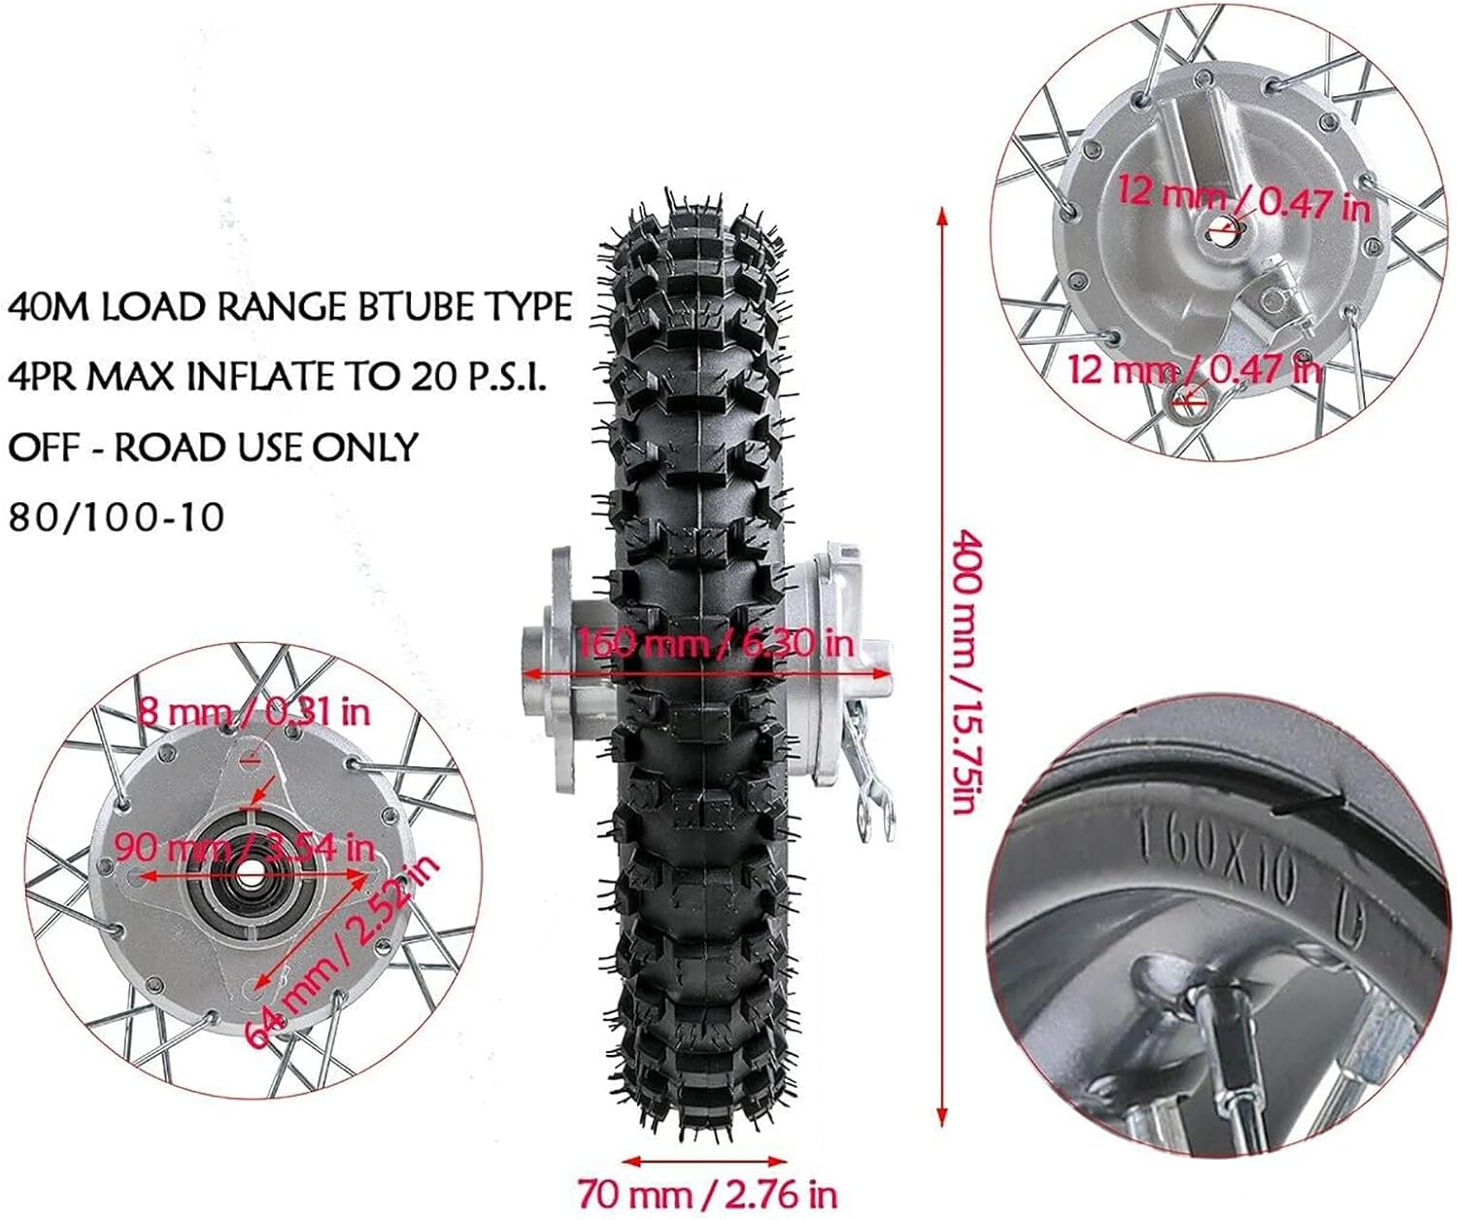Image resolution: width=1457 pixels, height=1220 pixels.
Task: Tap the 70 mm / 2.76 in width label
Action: pos(707,1193)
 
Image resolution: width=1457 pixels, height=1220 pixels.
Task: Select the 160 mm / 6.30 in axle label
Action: pos(716,643)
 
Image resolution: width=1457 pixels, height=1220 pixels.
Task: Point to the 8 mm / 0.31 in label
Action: pos(254,711)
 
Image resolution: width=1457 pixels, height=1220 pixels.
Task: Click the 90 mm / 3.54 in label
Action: pos(243,847)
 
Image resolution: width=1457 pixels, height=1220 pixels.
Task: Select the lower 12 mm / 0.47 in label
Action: pos(1195,369)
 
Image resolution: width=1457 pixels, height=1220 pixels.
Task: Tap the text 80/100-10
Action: pos(117,517)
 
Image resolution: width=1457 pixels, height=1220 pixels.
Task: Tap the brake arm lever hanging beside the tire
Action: pos(867,777)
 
